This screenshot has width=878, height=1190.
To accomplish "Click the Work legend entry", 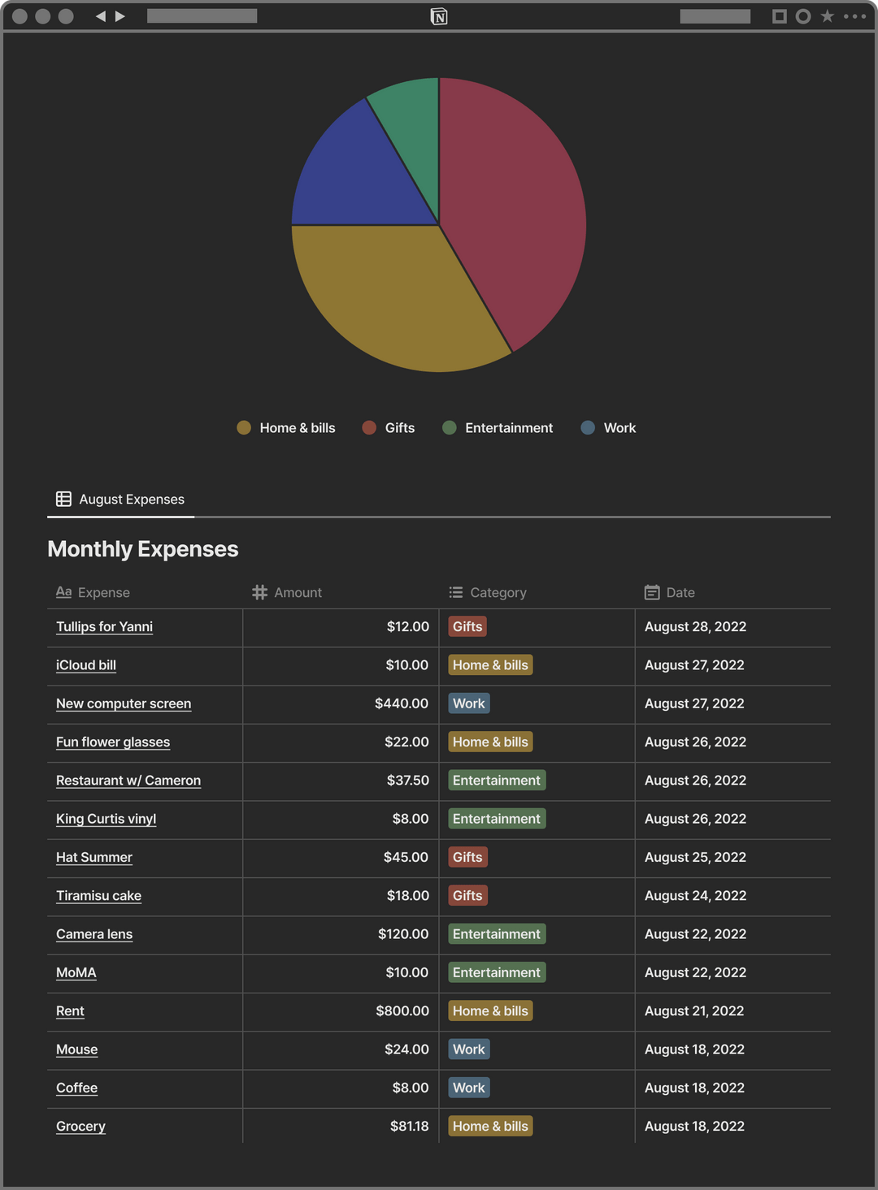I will coord(609,428).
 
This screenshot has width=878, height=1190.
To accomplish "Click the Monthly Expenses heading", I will coord(143,549).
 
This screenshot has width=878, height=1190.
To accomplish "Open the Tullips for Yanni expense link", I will coord(104,627).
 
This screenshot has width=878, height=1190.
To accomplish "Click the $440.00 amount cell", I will coord(401,703).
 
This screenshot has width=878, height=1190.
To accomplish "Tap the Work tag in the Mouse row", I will coord(469,1049).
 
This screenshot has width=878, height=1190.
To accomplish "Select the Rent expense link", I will coord(70,1011).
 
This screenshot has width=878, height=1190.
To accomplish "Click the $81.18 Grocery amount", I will coord(409,1127).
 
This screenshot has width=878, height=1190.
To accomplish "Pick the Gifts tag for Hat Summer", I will coord(467,858).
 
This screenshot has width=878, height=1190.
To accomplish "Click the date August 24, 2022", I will coord(695,896).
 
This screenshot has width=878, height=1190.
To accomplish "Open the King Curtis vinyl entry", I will coord(106,819).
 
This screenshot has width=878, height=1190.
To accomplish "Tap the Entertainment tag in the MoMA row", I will coord(496,973).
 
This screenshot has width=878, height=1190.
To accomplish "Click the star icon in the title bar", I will coord(828,16).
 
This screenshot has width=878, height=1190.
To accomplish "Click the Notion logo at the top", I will coord(439,16).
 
